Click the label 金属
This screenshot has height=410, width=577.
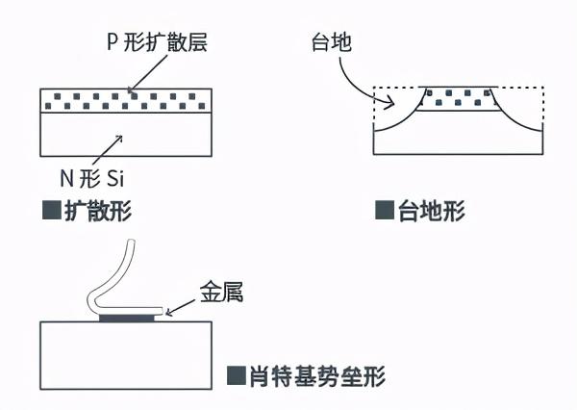pyautogui.click(x=221, y=292)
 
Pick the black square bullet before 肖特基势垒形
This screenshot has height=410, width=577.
pyautogui.click(x=235, y=375)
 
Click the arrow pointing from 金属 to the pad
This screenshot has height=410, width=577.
pyautogui.click(x=181, y=306)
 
